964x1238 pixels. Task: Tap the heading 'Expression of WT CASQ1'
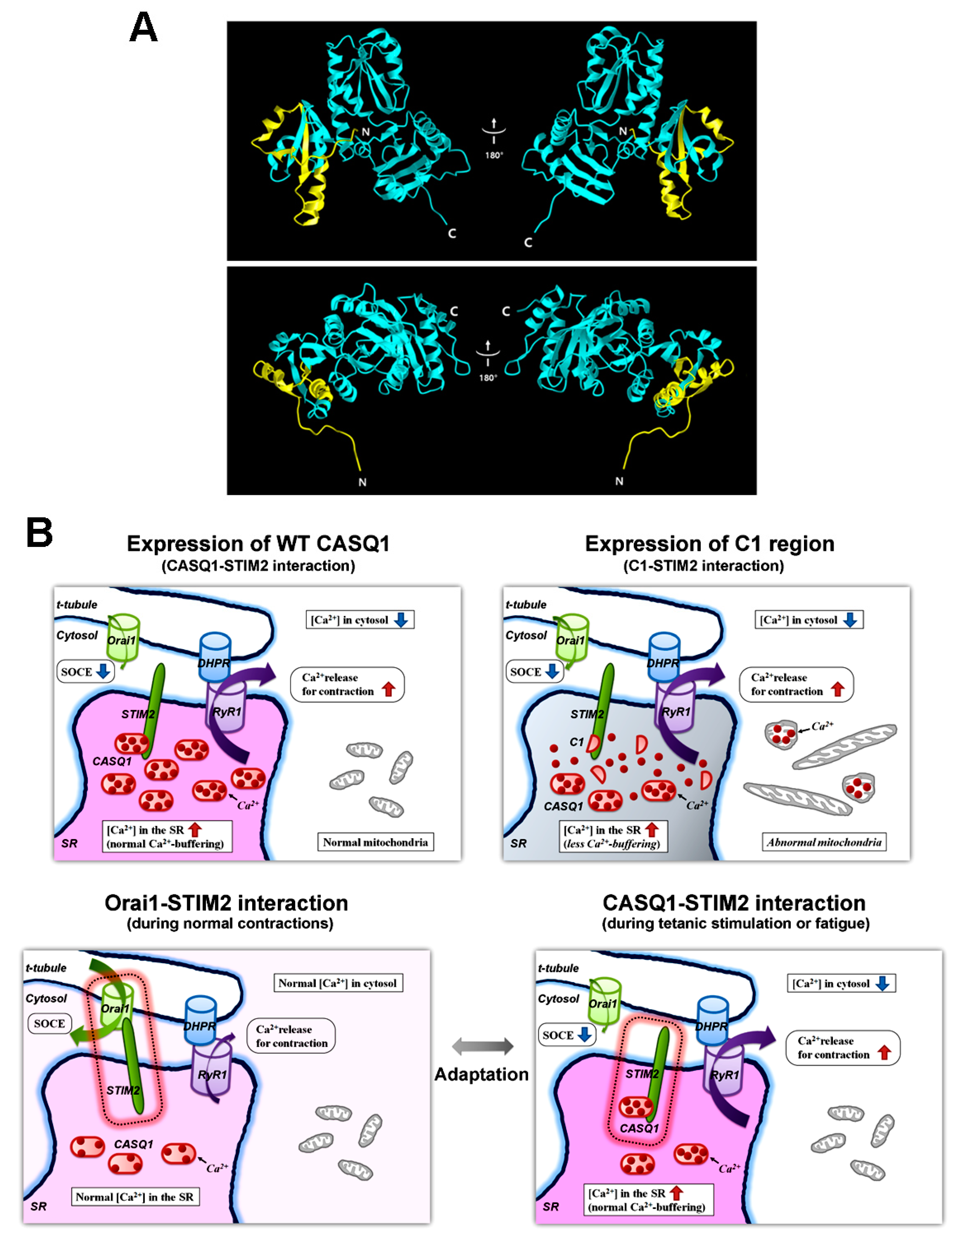coord(258,544)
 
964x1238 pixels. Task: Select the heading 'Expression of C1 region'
coord(709,544)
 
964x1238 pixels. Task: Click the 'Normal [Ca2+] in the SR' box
coord(135,1197)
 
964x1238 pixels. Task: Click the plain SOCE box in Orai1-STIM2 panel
coord(50,1023)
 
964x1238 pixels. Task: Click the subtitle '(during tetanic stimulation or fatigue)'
coord(736,923)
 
